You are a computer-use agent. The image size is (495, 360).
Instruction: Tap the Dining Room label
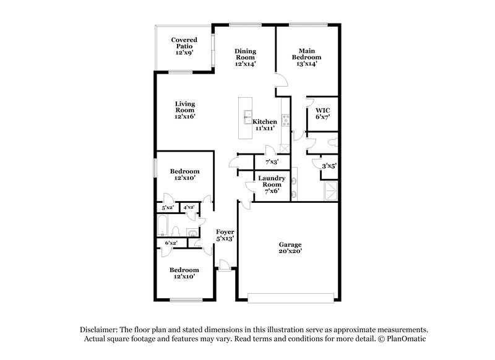[246, 57]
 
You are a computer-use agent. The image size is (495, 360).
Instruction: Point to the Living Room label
[184, 110]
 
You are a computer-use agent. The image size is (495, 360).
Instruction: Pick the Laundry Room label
[271, 184]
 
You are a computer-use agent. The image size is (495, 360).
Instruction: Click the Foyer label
[224, 234]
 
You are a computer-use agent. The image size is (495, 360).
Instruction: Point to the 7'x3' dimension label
[272, 162]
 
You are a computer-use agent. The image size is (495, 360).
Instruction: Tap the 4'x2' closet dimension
[189, 207]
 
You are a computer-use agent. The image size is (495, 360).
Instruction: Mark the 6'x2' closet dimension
[171, 242]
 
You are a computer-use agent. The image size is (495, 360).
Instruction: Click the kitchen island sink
[248, 114]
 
